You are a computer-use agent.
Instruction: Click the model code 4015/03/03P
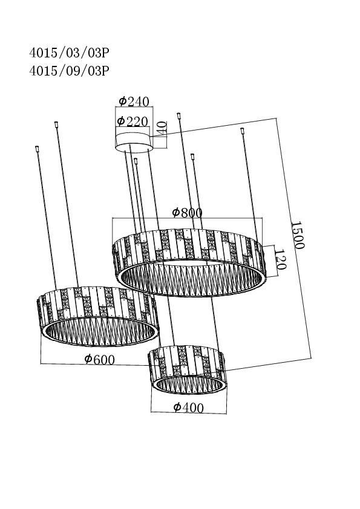pos(69,53)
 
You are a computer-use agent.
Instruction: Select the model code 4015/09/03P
pos(69,71)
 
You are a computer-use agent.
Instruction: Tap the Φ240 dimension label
pos(134,102)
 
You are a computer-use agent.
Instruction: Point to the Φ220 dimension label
pos(133,121)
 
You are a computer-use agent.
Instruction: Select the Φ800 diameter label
pos(187,213)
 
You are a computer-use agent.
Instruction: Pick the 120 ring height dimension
pos(280,259)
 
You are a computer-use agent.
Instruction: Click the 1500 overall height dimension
pos(297,235)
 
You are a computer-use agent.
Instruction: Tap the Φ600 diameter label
pos(99,359)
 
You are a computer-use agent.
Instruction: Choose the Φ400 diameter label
pos(188,407)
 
